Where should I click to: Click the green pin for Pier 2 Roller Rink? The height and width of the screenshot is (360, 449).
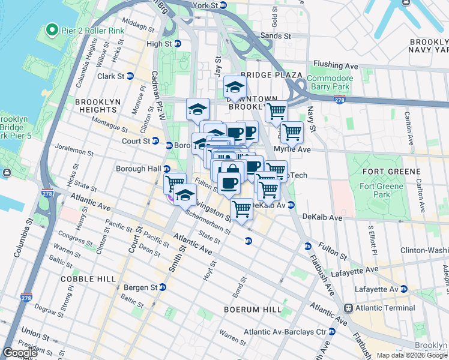(x=52, y=29)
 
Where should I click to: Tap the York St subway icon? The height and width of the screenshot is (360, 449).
(x=223, y=5)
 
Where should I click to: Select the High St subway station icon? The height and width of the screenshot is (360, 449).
(x=178, y=44)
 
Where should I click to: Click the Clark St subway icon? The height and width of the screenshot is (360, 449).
(x=130, y=76)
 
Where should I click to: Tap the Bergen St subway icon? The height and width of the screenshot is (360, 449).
(x=162, y=287)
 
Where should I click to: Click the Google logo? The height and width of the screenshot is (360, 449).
(x=20, y=353)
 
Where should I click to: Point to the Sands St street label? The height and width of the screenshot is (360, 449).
(x=276, y=36)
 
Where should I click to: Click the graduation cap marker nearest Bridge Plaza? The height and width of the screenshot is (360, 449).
(x=235, y=87)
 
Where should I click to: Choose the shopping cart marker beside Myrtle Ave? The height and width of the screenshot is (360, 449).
(x=292, y=131)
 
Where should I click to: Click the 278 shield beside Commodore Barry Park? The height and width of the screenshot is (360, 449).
(x=340, y=100)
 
